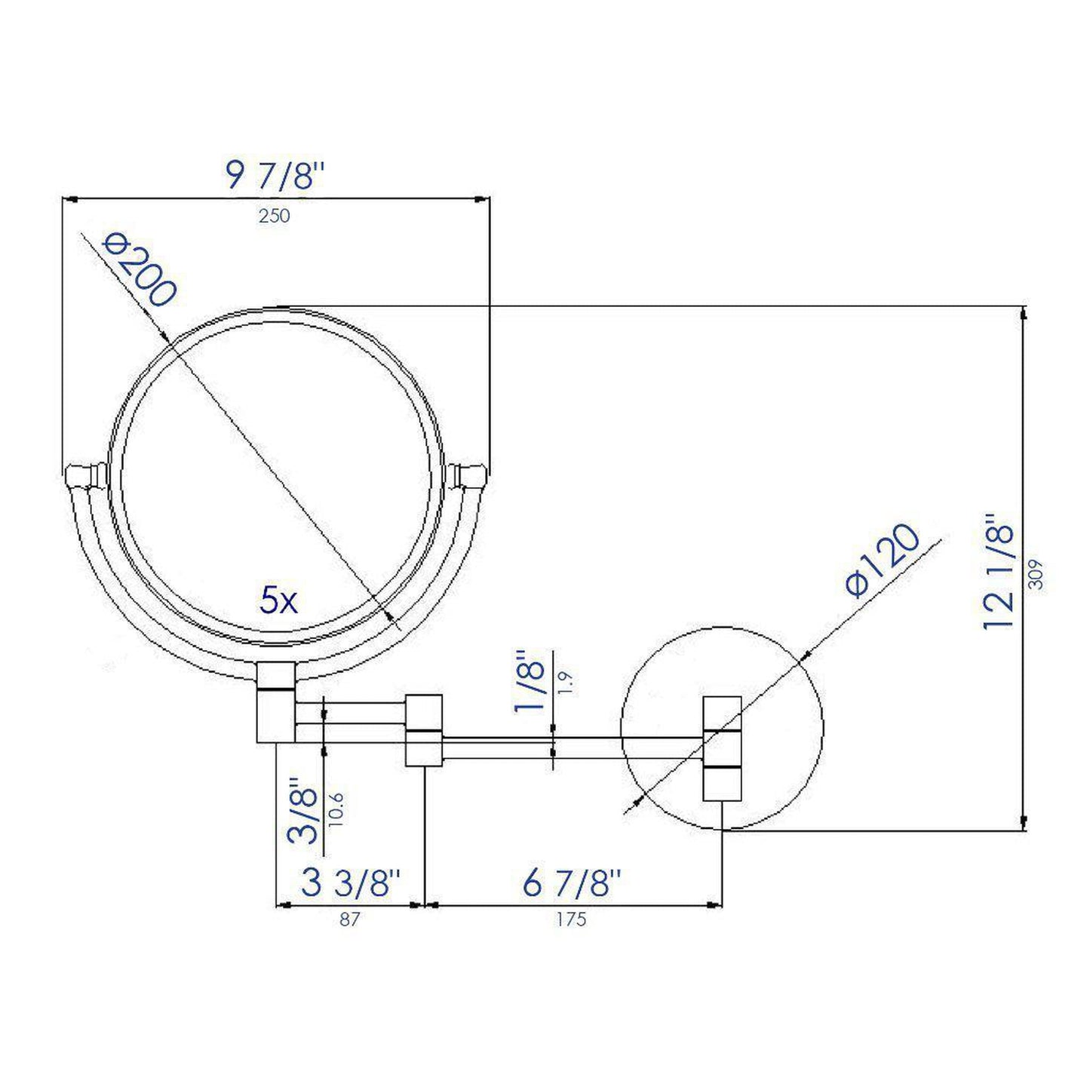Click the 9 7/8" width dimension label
(x=277, y=177)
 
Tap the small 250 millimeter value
(x=274, y=216)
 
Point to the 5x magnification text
(x=278, y=602)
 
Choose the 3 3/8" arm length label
(x=351, y=883)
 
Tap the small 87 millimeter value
(x=349, y=920)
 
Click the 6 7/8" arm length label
(x=572, y=883)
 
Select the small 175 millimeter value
(x=571, y=920)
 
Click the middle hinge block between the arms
(x=424, y=729)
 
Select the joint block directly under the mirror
(x=276, y=702)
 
